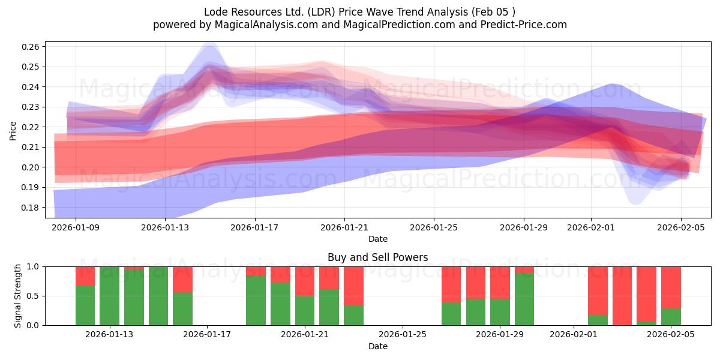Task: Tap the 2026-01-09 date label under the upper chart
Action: tap(76, 227)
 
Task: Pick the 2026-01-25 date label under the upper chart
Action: tap(434, 227)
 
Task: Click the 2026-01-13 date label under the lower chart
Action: tap(110, 335)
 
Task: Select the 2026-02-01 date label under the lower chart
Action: tap(574, 335)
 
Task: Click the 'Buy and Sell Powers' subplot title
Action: tap(377, 257)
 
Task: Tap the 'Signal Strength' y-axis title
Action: tap(18, 295)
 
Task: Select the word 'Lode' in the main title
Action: tap(216, 12)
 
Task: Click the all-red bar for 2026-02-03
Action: tap(622, 295)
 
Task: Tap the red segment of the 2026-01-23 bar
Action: tap(353, 286)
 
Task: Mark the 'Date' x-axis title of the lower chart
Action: tap(377, 346)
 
